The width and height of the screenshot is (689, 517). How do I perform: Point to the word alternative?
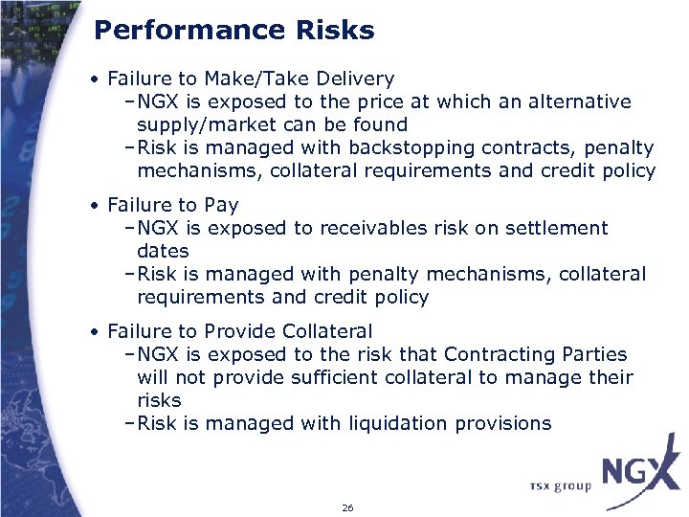click(x=579, y=101)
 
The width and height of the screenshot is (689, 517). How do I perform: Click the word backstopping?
click(x=409, y=147)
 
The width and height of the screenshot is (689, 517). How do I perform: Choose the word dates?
click(x=163, y=251)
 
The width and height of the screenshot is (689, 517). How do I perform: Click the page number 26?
click(x=346, y=507)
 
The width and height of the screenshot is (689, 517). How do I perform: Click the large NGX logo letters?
click(x=640, y=472)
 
